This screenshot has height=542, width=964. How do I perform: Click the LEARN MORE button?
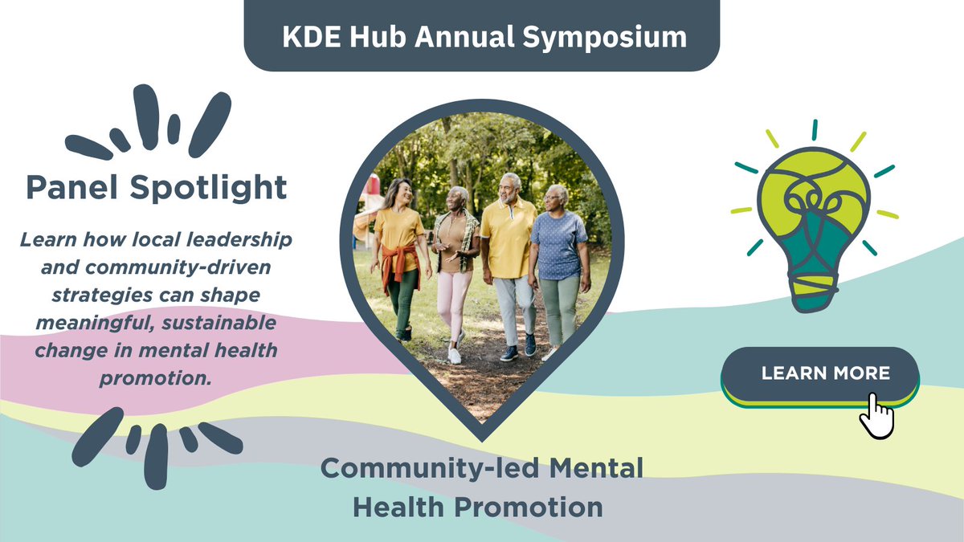(x=819, y=373)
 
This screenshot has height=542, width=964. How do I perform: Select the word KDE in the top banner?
(x=310, y=37)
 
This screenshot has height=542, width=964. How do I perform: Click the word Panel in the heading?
(x=72, y=188)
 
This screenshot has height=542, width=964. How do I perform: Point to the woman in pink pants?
(x=455, y=265)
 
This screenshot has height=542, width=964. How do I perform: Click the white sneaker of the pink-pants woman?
(x=455, y=356)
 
